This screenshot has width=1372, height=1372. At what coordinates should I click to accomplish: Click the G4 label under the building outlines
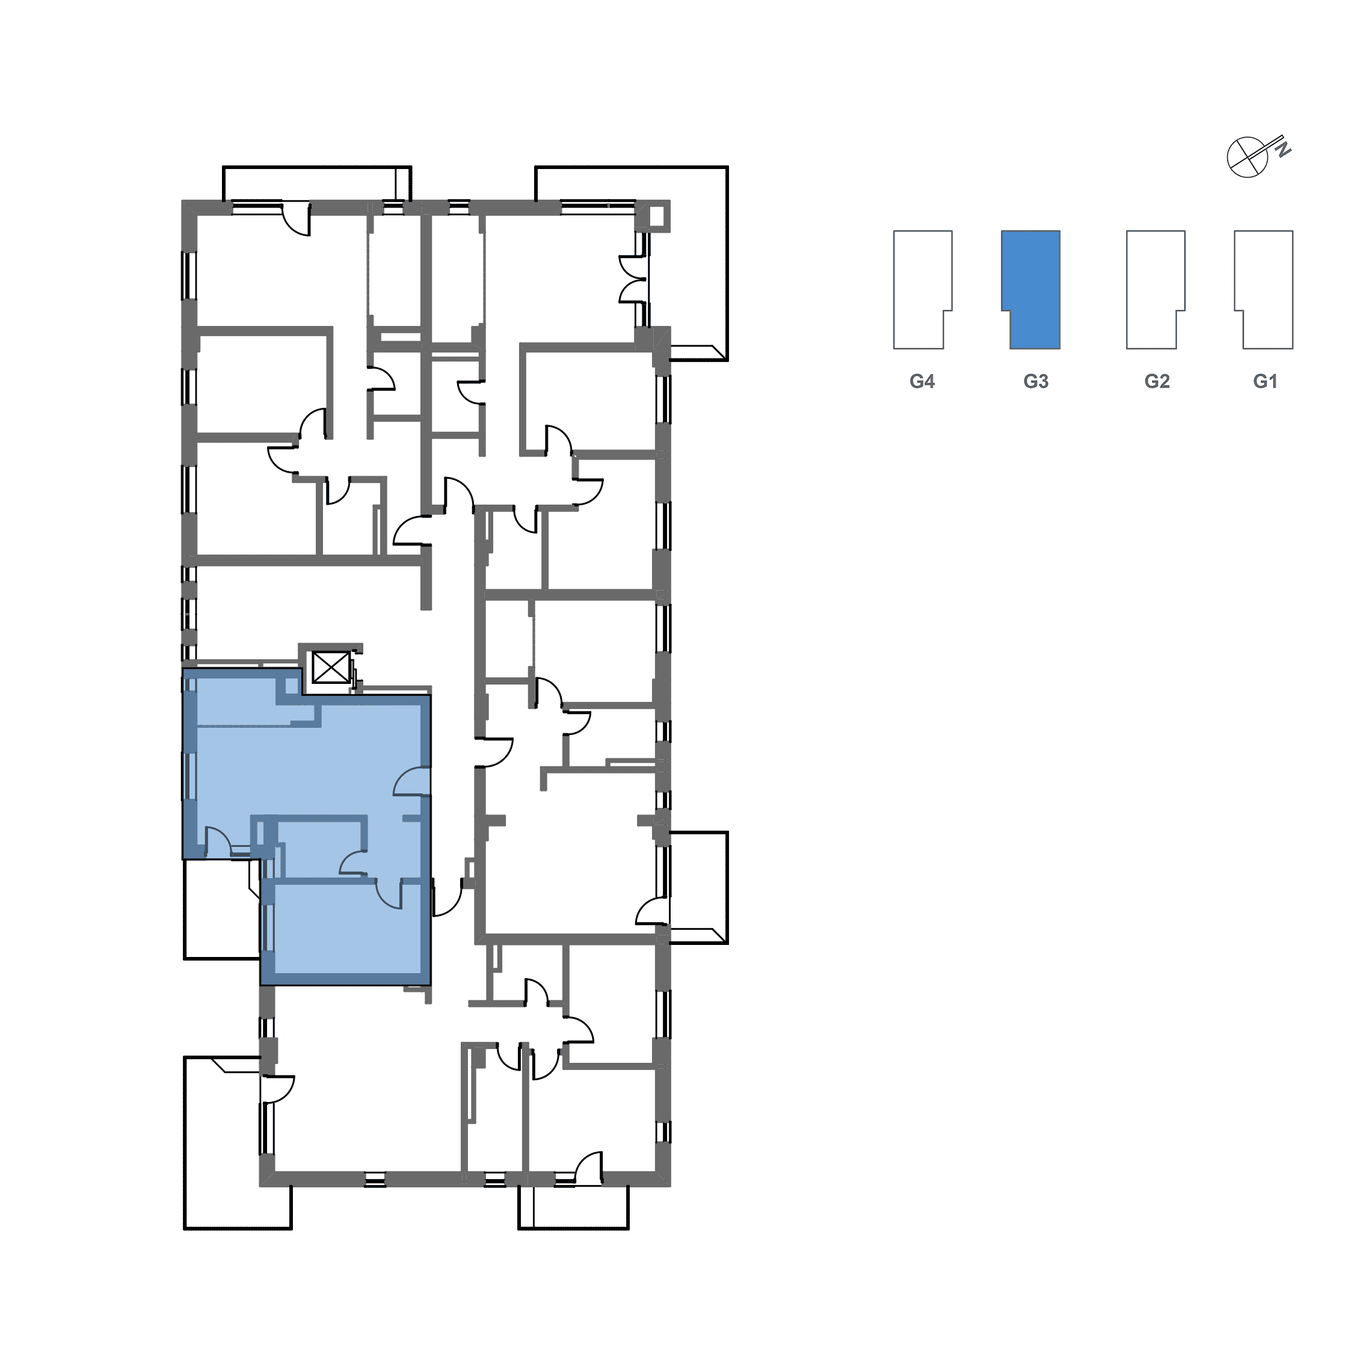tap(921, 382)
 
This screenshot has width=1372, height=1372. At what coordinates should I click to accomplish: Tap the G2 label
tap(1157, 382)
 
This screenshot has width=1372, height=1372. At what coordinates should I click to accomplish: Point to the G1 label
tap(1265, 382)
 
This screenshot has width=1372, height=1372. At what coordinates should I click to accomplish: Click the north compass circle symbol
tap(1247, 156)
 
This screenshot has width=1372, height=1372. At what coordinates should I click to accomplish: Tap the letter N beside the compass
tap(1283, 150)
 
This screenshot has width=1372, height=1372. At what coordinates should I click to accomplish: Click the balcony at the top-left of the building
tap(317, 185)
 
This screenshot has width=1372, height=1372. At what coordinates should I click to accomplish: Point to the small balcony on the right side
tap(699, 888)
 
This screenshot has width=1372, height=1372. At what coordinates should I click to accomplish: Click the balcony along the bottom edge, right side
tap(574, 1207)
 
